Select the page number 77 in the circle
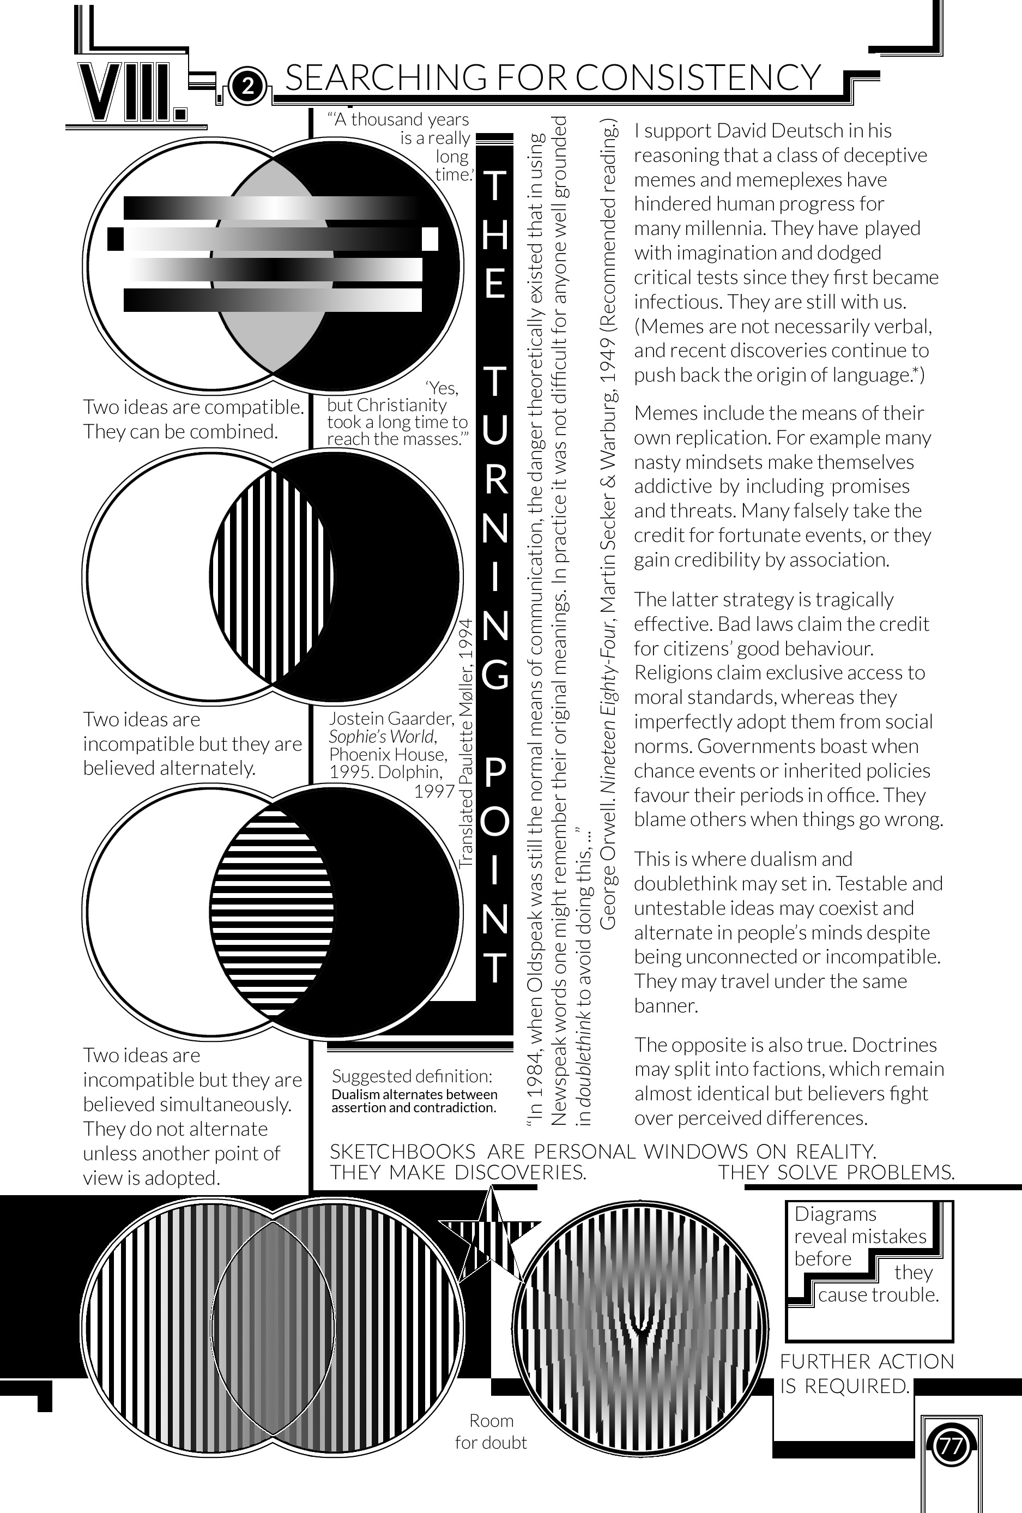951,1446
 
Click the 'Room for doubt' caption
491,1432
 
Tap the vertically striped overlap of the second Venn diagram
272,576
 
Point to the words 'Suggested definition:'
412,1076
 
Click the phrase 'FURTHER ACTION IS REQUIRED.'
867,1373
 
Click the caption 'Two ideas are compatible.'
193,407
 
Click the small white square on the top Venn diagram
430,238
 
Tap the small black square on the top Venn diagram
115,238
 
